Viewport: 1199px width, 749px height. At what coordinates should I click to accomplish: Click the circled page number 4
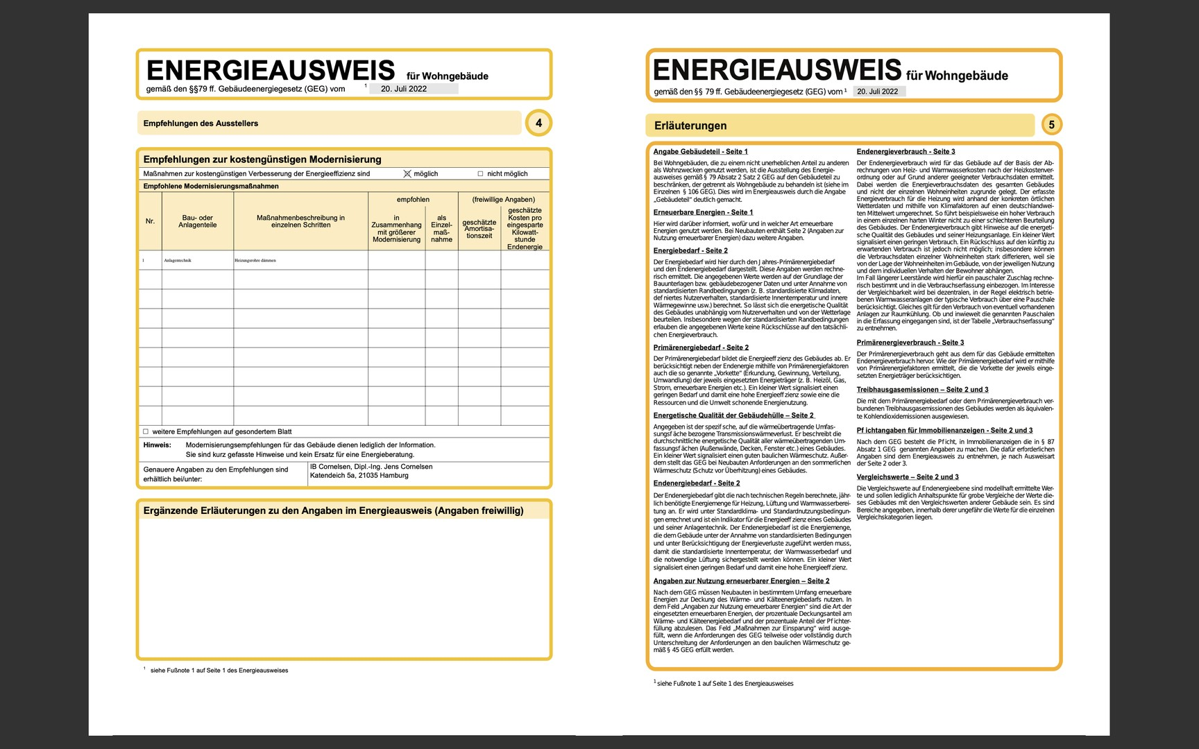(539, 123)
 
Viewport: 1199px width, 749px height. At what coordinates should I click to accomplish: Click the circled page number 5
(1051, 125)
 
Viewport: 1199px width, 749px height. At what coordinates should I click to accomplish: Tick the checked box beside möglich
(407, 173)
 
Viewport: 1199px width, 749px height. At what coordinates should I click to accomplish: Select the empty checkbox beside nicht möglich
(480, 174)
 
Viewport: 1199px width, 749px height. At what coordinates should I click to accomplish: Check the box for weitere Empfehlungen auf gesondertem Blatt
(146, 431)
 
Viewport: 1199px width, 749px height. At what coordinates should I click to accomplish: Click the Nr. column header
(150, 221)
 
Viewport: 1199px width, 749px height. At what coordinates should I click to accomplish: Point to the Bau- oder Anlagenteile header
(197, 221)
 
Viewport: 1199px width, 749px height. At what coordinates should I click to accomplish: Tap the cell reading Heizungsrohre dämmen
(255, 261)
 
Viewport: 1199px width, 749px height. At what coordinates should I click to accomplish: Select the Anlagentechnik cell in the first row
(178, 261)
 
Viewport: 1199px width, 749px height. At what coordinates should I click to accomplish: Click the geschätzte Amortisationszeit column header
(479, 229)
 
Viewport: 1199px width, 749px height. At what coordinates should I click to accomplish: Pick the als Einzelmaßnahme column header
(441, 228)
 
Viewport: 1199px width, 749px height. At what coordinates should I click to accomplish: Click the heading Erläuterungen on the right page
(690, 126)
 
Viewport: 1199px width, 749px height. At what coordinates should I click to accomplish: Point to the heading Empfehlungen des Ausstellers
(201, 123)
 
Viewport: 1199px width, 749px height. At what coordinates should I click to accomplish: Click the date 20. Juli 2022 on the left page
(404, 89)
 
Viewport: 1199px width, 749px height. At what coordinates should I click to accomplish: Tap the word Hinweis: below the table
(157, 445)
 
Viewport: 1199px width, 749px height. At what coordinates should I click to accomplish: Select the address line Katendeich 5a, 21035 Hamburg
(359, 476)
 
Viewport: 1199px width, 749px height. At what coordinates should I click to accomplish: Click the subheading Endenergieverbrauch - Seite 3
(905, 151)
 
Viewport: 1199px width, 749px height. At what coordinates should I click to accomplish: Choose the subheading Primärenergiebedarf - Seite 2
(701, 347)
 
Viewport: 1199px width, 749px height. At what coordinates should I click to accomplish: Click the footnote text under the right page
(724, 683)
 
